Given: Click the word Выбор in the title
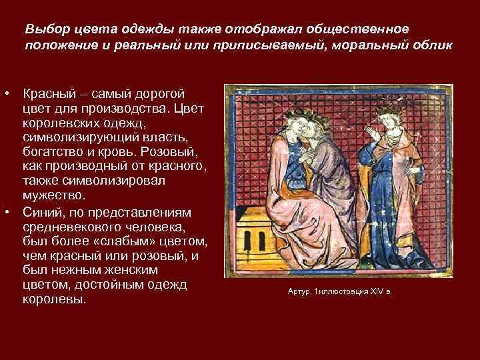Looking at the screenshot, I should pos(42,30).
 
